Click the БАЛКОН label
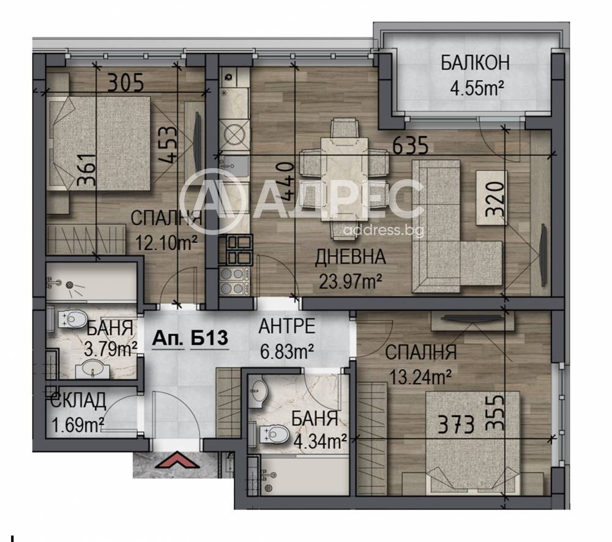coord(475,63)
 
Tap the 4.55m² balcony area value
coord(476,89)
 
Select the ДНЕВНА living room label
coord(350,257)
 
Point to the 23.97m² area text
coord(350,281)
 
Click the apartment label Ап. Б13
coord(190,338)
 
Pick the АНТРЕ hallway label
coord(287,326)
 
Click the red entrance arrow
coord(178,459)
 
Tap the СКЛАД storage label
coord(78,400)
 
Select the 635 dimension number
coord(410,146)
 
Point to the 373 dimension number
coord(456,425)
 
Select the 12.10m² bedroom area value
coord(165,243)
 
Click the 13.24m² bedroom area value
coord(420,377)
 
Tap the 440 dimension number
coord(285,181)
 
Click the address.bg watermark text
coord(383,230)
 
